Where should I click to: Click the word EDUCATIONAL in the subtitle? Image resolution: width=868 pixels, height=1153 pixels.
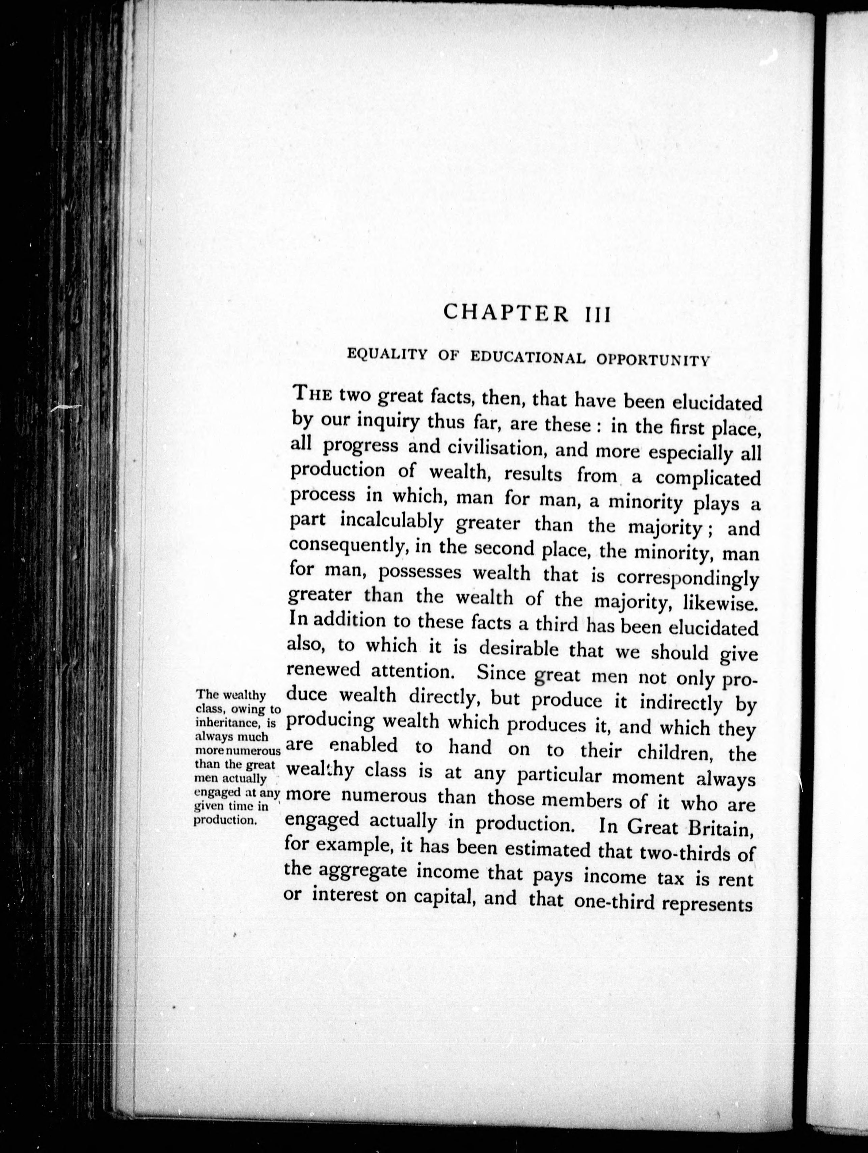click(x=526, y=357)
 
